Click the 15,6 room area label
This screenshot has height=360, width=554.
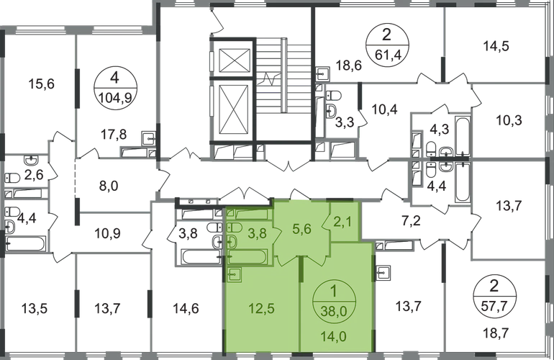(x=41, y=84)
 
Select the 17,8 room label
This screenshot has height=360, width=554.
(x=114, y=135)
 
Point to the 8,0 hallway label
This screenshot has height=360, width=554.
(x=109, y=186)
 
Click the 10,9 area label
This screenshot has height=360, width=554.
(x=108, y=233)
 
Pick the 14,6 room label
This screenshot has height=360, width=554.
(x=186, y=309)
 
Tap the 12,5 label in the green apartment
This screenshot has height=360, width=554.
(x=261, y=309)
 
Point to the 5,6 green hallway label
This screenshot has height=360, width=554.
(x=302, y=229)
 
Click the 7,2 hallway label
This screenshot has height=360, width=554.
(x=412, y=222)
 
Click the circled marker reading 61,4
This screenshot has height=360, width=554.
(x=387, y=45)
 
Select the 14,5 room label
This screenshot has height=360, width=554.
(x=496, y=46)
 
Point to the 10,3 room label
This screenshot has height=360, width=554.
(x=509, y=120)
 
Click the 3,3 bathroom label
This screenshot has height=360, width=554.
(x=345, y=124)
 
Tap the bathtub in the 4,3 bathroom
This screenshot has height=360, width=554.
(x=463, y=135)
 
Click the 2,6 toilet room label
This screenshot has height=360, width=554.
(x=35, y=174)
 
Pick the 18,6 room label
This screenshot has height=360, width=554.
(x=349, y=66)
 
